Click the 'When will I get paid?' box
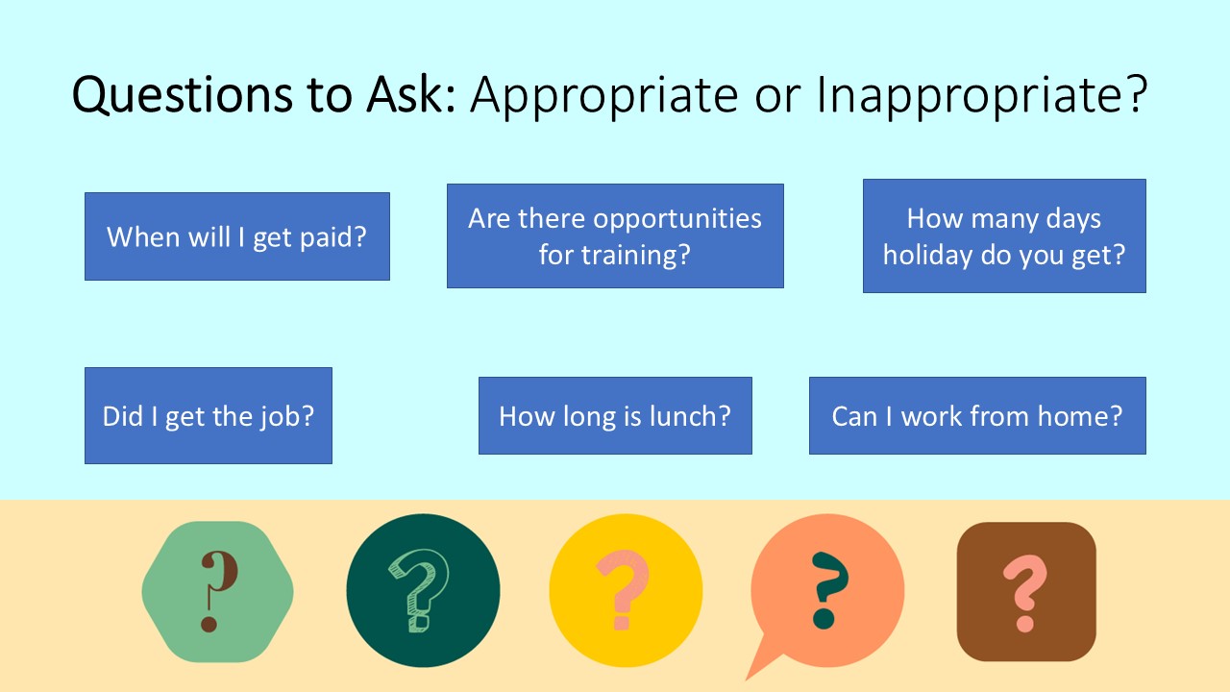coord(236,236)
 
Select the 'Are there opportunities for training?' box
coord(615,236)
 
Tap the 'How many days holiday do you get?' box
coord(1004,236)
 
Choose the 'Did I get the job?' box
coord(209,416)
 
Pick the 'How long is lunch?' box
coord(615,416)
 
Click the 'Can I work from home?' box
coord(977,416)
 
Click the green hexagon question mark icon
coord(217,592)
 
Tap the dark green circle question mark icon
coord(423,590)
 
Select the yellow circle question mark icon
coord(626,590)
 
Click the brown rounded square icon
coord(1026,592)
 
